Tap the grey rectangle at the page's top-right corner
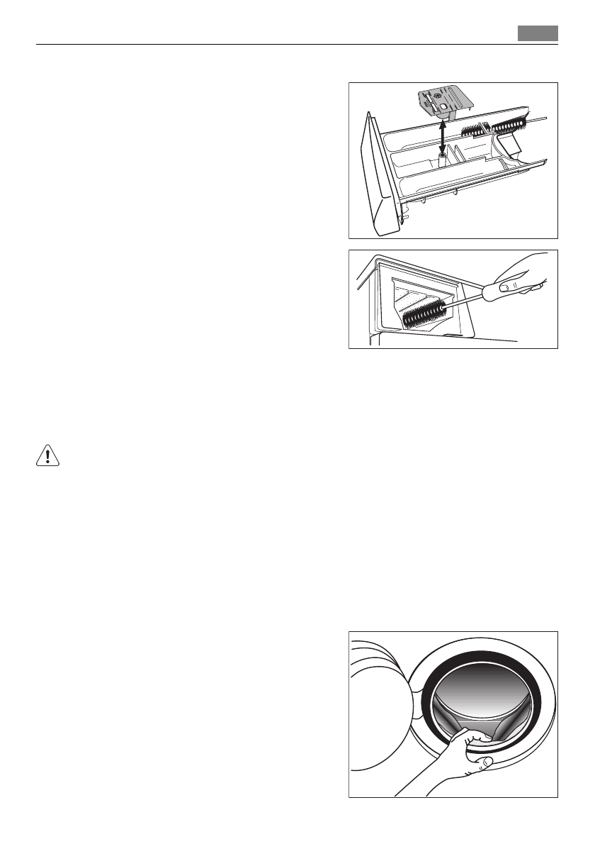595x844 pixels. tap(537, 33)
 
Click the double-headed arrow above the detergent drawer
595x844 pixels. tap(442, 136)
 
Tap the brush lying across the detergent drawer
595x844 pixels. tap(496, 126)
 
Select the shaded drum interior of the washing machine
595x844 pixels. tap(482, 692)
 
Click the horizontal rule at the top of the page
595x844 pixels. tap(297, 44)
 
